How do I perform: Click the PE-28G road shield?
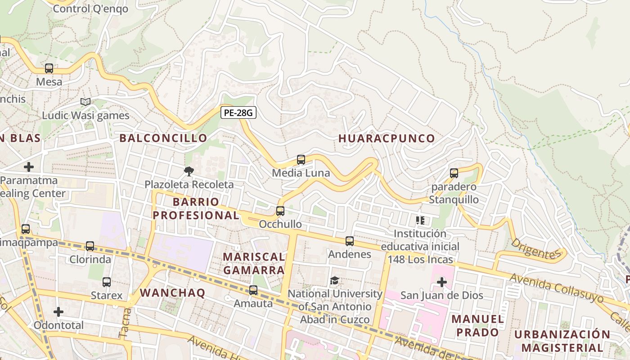pos(238,112)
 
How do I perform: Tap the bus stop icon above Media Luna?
pos(301,160)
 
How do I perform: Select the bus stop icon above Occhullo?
pos(280,211)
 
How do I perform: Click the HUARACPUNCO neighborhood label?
pos(387,138)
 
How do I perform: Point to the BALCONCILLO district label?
pos(163,138)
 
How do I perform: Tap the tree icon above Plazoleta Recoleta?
pos(189,171)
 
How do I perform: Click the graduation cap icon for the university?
pos(335,281)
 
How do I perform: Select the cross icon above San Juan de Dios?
pos(442,282)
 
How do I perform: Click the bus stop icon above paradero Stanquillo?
pos(454,173)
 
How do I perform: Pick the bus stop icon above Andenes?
pos(350,241)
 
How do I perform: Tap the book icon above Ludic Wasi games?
pos(85,102)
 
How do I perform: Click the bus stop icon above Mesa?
pos(49,69)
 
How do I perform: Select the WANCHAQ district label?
pos(172,292)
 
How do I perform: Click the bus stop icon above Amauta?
pos(253,290)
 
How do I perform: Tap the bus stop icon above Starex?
pos(107,282)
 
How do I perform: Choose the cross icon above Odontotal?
pos(58,312)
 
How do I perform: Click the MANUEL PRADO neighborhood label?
pos(477,325)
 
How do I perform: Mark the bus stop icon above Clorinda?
pos(90,246)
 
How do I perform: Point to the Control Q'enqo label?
pos(90,9)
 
